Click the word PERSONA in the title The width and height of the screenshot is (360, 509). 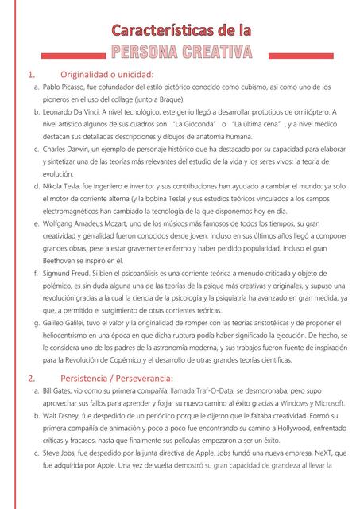(148, 53)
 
